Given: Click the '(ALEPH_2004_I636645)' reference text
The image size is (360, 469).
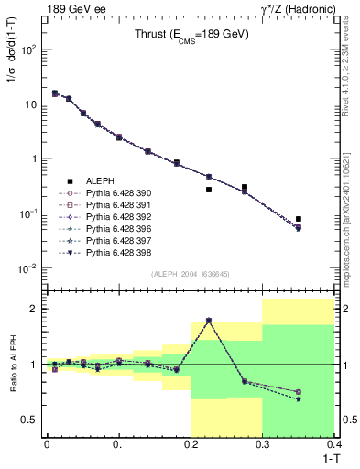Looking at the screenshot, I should pyautogui.click(x=190, y=273).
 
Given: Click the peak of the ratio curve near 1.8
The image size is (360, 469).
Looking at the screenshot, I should pyautogui.click(x=209, y=321).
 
